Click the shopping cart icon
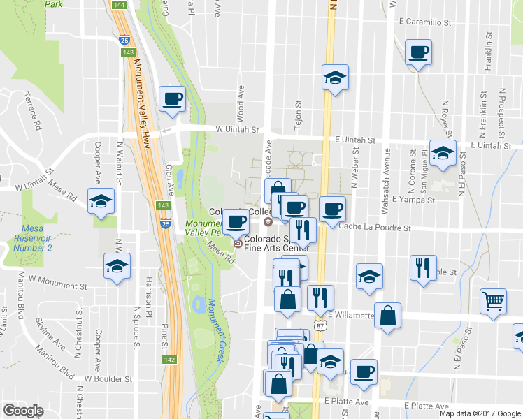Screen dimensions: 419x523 494,301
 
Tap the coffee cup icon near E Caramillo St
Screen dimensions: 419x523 418,52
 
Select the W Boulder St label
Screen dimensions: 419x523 108,378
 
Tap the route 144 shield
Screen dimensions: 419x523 118,5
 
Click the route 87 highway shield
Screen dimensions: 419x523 320,325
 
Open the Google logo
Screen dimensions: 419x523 23,411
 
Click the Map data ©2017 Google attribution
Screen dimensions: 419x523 480,413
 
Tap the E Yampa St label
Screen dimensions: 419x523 413,200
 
